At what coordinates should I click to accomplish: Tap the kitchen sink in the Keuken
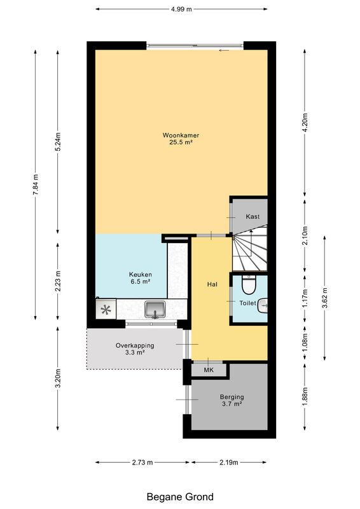155,309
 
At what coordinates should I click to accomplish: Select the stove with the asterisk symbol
106,309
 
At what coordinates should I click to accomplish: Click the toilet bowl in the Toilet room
249,284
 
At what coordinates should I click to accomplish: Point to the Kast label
253,216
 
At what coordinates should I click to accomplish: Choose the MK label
209,370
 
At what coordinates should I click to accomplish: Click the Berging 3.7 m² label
232,400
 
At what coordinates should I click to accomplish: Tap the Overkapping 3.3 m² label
135,349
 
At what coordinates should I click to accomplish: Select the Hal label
212,284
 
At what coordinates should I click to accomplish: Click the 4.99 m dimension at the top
181,9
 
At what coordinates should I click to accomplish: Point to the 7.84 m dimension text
36,185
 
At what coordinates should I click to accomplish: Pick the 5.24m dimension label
58,142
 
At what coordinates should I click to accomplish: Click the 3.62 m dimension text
325,298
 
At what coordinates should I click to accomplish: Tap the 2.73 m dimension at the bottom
142,463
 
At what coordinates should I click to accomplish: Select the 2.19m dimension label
229,463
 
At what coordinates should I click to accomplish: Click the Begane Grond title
180,497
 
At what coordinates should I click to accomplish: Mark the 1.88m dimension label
305,396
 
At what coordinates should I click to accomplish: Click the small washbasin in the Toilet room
263,305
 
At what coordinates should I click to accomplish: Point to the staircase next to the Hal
249,248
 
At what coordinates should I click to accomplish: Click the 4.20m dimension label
305,122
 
